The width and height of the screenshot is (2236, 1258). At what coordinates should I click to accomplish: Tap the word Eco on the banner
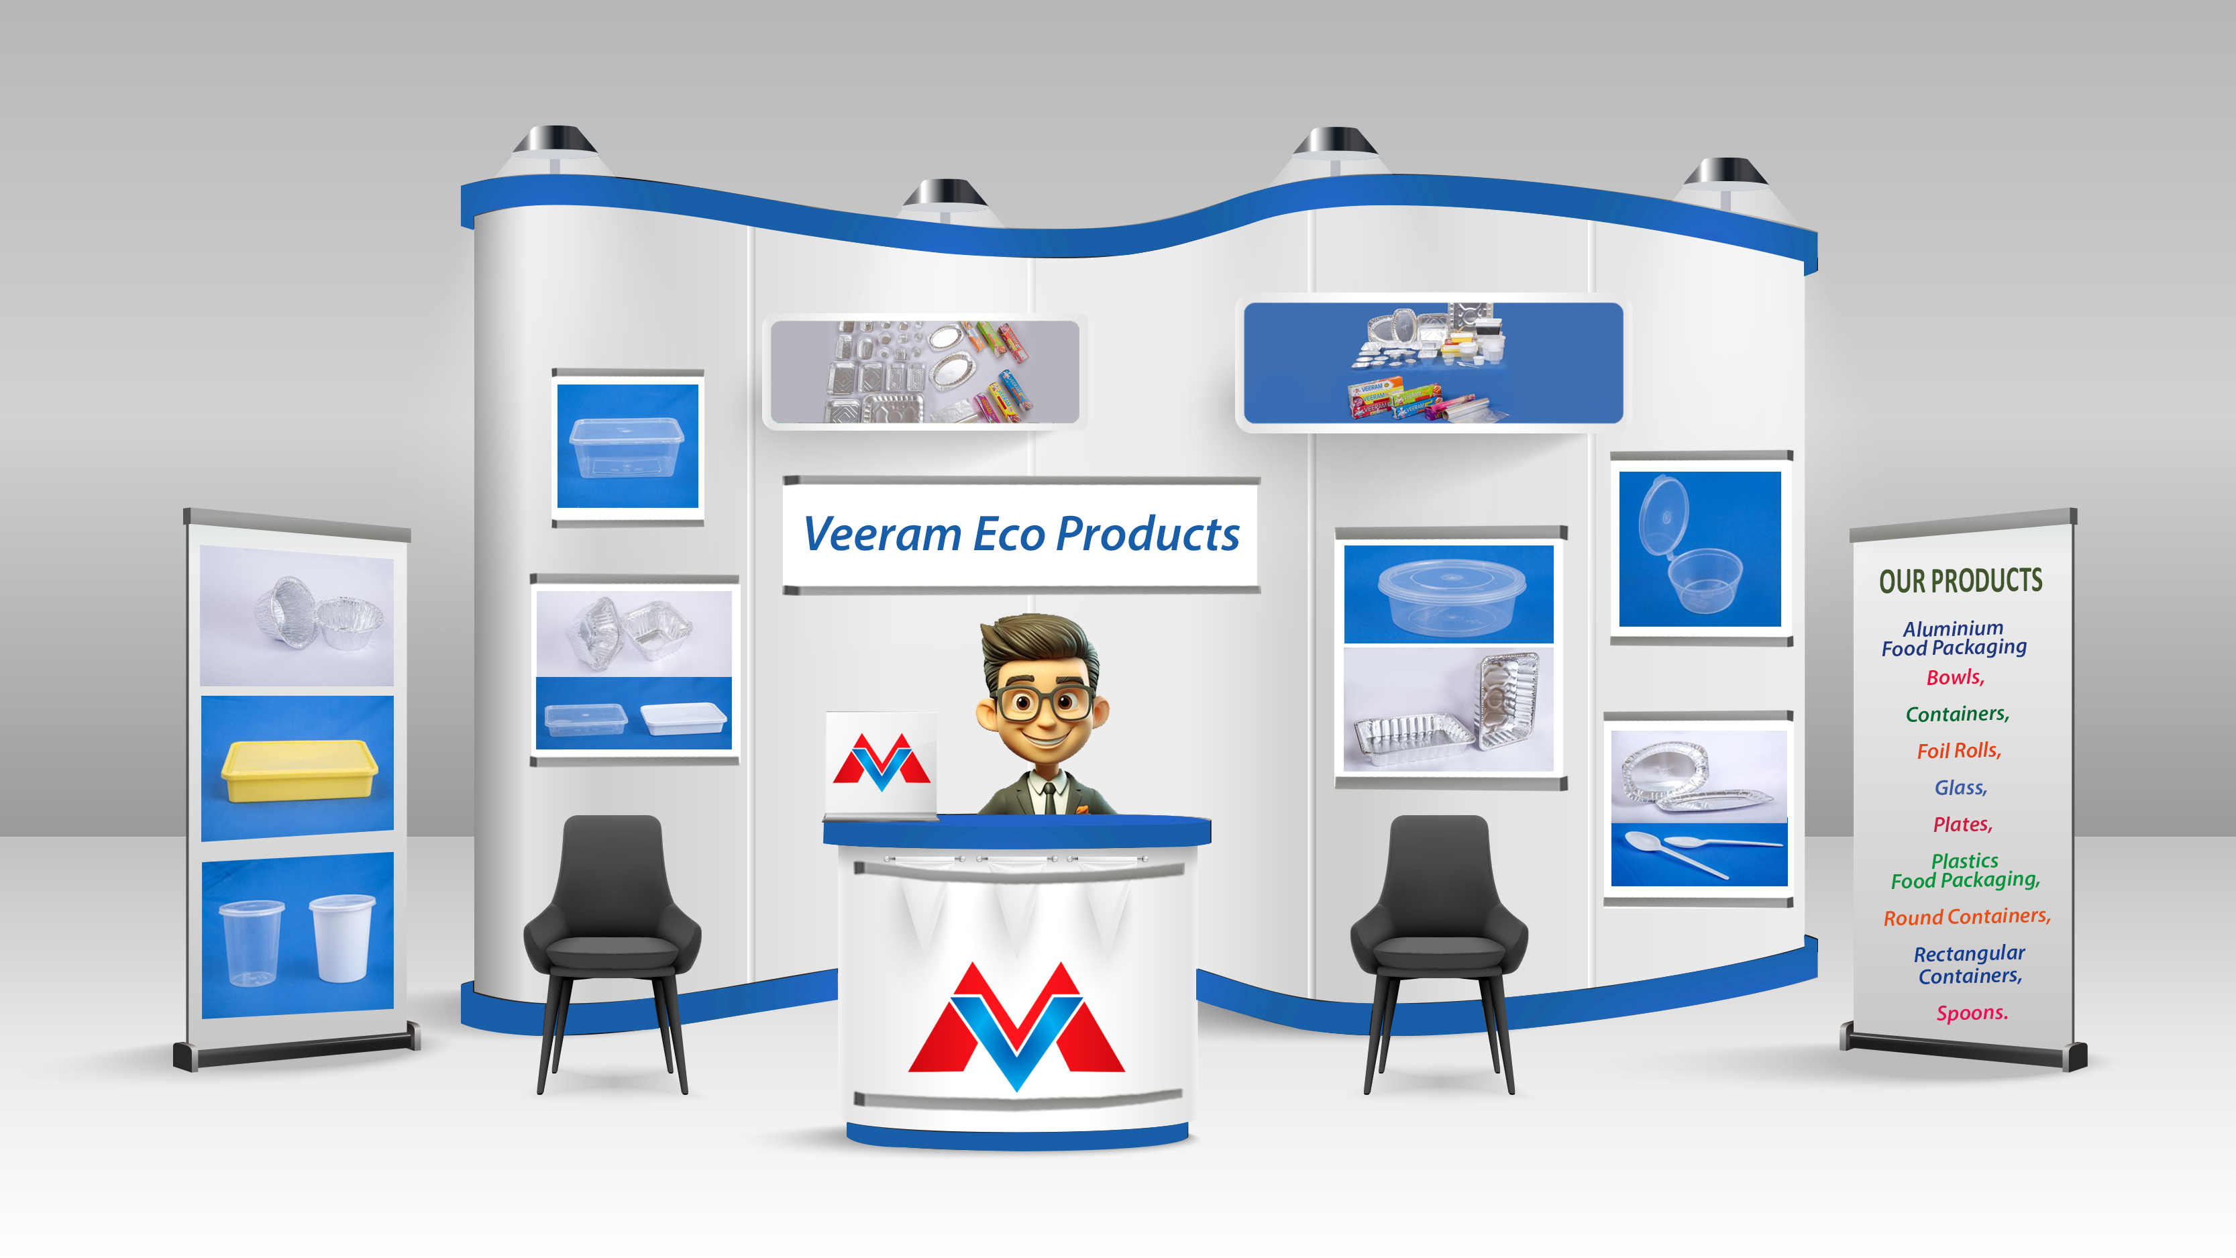pos(1008,534)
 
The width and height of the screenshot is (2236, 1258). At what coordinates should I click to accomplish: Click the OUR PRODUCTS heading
pos(1960,581)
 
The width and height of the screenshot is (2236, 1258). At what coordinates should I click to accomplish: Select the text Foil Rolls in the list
pos(1958,751)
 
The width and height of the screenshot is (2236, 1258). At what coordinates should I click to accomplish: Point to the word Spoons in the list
pos(1971,1013)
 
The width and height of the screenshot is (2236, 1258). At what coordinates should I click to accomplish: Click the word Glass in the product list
pos(1960,788)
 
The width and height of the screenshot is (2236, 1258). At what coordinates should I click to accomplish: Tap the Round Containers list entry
pos(1966,916)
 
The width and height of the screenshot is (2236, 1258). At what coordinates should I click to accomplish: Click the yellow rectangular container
pos(299,770)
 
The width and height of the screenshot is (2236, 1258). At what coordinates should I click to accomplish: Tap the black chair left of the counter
pos(613,938)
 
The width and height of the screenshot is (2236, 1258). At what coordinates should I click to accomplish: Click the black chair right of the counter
pos(1439,938)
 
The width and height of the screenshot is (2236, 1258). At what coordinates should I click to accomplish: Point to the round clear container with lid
pos(1450,596)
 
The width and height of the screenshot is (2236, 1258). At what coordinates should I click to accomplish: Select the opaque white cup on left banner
pos(342,938)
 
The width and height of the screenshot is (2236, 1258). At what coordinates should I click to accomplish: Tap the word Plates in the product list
pos(1962,825)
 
